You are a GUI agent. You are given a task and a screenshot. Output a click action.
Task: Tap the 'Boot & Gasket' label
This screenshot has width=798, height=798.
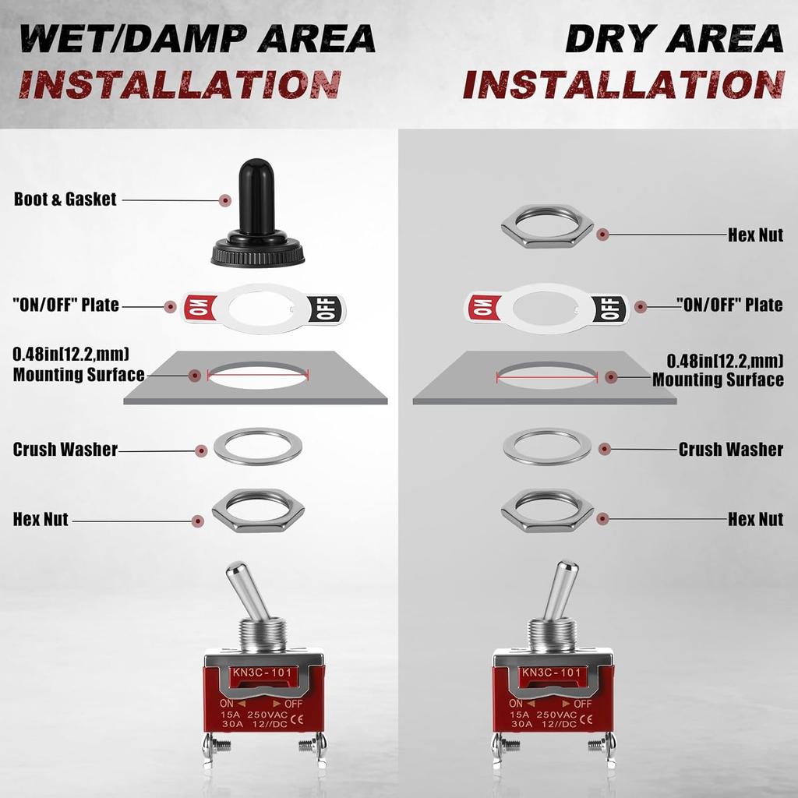[65, 199]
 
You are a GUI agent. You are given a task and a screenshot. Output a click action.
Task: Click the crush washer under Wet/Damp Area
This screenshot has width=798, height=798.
[257, 446]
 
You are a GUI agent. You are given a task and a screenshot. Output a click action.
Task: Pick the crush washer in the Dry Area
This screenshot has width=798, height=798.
[547, 447]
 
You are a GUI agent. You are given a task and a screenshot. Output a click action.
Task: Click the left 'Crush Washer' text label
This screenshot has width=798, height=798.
[65, 450]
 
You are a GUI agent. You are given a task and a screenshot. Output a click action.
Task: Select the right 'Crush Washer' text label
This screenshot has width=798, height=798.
[730, 450]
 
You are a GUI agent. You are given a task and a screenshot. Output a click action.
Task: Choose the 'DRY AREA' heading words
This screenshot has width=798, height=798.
[673, 39]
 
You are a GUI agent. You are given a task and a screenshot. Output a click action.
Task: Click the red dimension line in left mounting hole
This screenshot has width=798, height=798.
[258, 373]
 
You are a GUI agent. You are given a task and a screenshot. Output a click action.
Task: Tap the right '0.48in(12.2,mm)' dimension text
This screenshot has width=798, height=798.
[725, 361]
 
